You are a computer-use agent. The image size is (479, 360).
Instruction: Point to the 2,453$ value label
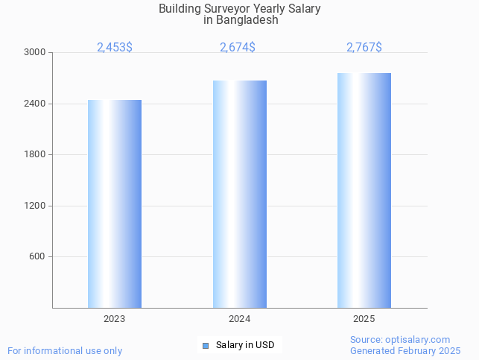coord(115,47)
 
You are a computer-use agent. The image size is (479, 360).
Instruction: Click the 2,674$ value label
coord(238,47)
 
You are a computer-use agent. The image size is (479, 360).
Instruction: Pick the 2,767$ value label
coord(364,47)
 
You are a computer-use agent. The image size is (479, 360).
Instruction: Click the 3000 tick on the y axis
coord(35,53)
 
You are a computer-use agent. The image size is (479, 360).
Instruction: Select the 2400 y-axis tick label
coord(35,104)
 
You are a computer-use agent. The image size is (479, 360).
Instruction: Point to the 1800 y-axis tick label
coord(35,155)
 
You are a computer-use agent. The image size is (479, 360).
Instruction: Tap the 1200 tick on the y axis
coord(35,206)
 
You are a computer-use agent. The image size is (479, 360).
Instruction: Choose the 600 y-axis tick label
coord(37,257)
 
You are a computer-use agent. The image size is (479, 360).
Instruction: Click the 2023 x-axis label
coord(115,319)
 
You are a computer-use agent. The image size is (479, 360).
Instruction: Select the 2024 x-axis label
coord(240,319)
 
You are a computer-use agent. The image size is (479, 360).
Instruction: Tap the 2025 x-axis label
coord(364,319)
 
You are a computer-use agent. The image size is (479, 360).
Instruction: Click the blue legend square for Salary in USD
coord(206,345)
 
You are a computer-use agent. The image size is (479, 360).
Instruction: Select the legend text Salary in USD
coord(245,345)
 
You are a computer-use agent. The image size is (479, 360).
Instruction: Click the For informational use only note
coord(65,350)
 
